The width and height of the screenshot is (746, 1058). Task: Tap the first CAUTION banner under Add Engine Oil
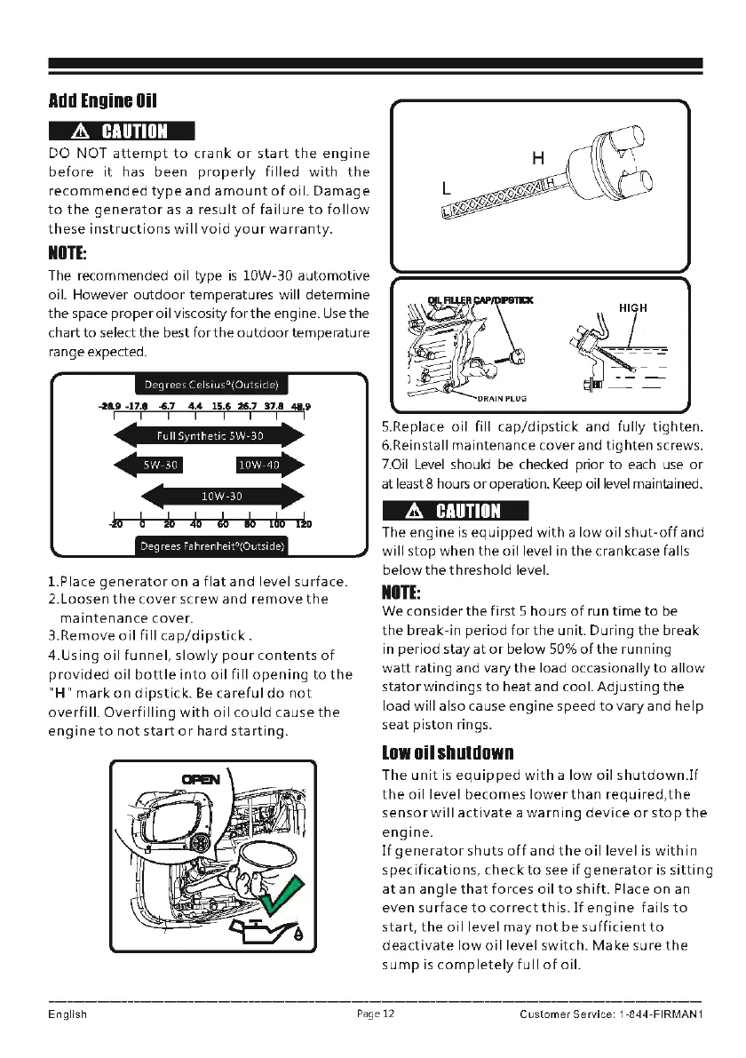pyautogui.click(x=119, y=131)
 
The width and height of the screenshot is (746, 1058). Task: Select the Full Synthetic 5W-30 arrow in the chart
pyautogui.click(x=210, y=436)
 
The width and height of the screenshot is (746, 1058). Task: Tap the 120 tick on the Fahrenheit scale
pyautogui.click(x=303, y=524)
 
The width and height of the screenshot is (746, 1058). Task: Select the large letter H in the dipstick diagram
pyautogui.click(x=537, y=158)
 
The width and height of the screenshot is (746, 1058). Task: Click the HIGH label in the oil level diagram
pyautogui.click(x=633, y=307)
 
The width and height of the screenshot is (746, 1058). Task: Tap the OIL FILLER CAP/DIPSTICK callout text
pyautogui.click(x=480, y=300)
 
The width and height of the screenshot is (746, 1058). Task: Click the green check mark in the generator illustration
pyautogui.click(x=280, y=899)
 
